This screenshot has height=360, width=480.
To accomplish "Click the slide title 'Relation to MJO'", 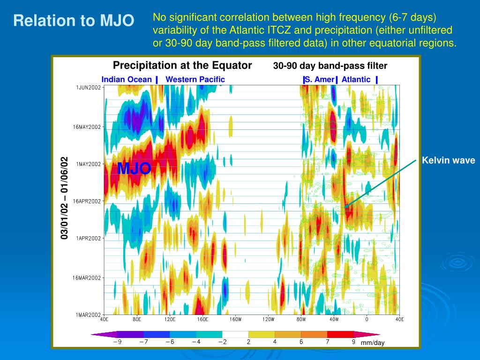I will point(74,21).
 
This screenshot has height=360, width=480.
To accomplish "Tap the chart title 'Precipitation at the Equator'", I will point(182,65).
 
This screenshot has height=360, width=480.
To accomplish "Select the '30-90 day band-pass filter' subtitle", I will point(330,66).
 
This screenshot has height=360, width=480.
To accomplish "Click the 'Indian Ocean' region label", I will point(127,79).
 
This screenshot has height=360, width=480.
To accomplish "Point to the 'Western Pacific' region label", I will point(195,79).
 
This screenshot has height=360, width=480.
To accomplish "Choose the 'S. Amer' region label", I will point(319,79).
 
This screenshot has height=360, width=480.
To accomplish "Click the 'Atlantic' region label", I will point(356,79).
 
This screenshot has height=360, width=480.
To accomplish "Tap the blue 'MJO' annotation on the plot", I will point(134,168).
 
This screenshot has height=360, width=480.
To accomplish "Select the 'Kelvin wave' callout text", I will point(448,161).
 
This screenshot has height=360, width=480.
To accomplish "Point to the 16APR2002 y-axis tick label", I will point(87,201).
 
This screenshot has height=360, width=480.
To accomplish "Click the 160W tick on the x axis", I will point(235,320).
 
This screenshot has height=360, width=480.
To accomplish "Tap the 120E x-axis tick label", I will point(170,320).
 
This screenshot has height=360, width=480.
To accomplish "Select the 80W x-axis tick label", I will point(301,320).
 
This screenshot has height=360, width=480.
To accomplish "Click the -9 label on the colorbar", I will point(117,342).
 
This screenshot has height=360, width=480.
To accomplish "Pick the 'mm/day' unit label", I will point(373,343).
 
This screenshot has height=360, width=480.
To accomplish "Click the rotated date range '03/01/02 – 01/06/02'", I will point(65,198).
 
